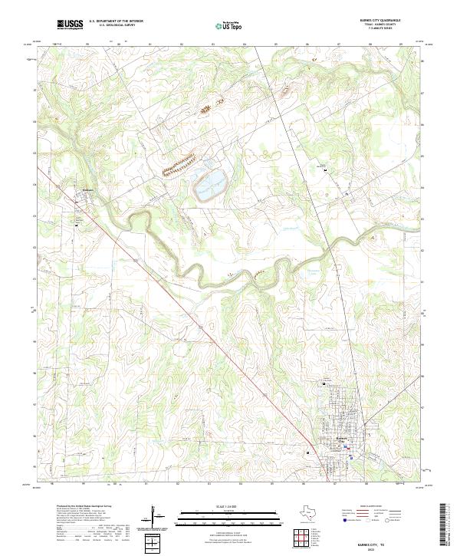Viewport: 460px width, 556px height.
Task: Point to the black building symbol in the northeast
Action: [325, 169]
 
